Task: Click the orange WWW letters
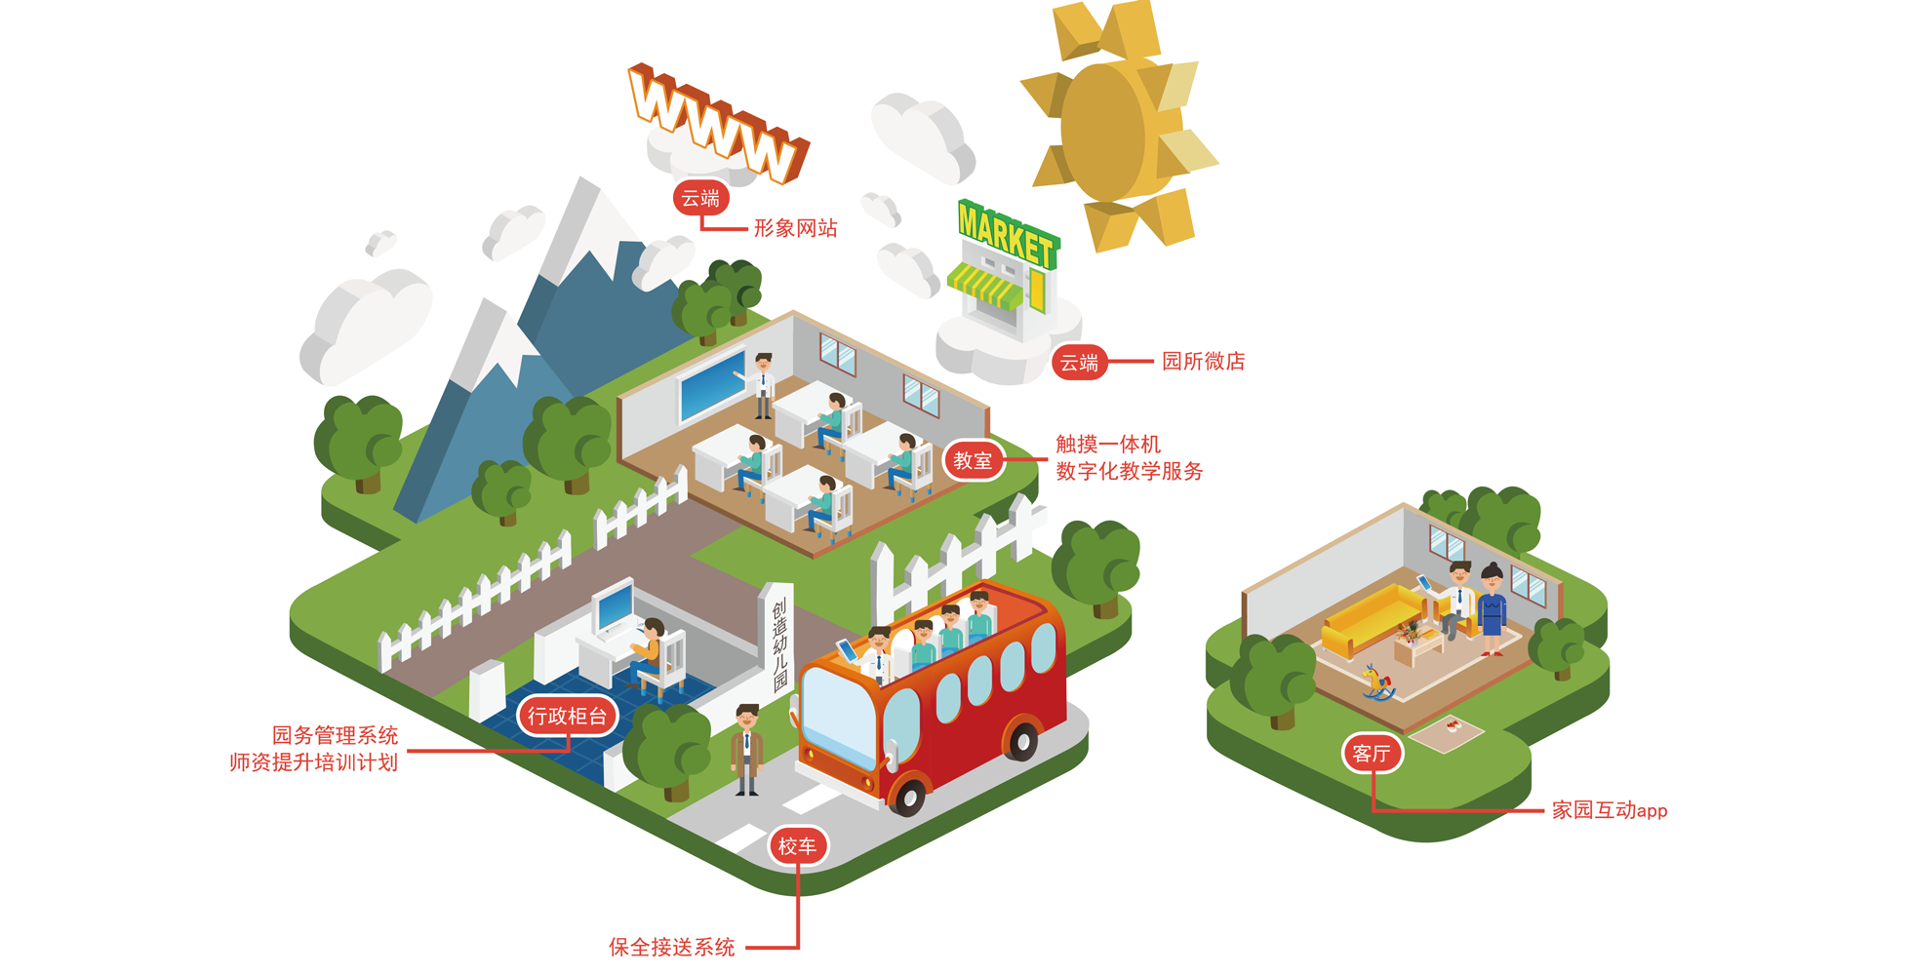tap(718, 122)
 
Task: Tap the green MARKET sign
tap(1008, 234)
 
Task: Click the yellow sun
tap(1120, 127)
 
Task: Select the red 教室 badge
tap(973, 460)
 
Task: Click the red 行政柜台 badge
tap(567, 717)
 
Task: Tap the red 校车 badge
tap(797, 846)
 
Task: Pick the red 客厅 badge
tap(1372, 753)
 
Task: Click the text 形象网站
tap(795, 228)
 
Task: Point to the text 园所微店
tap(1203, 361)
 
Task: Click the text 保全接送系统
tap(672, 947)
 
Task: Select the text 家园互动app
tap(1610, 810)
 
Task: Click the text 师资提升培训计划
tap(313, 762)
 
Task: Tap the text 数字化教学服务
tap(1129, 472)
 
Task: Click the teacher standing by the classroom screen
tap(763, 386)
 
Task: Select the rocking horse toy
tap(1377, 682)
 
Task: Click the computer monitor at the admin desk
tap(616, 607)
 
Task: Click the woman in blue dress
tap(1492, 610)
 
